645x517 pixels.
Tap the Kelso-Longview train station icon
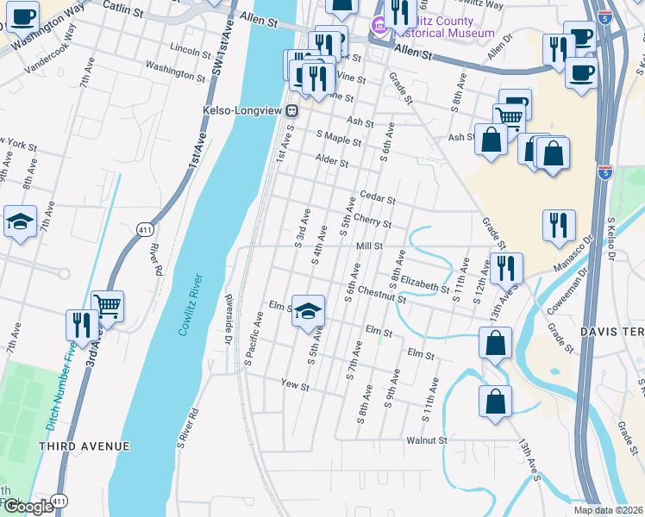coord(292,110)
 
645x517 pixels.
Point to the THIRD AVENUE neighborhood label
coord(84,446)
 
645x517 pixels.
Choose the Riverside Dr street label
coord(229,320)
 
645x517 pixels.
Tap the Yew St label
coord(295,386)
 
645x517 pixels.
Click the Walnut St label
coord(427,440)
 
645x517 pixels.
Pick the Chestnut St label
coord(383,295)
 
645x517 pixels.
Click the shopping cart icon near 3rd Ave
coord(107,304)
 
